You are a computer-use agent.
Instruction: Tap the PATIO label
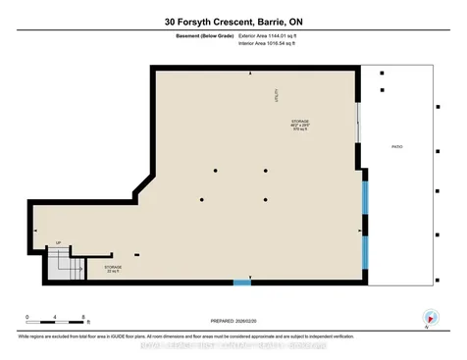pyautogui.click(x=397, y=147)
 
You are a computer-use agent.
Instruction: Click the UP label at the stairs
pyautogui.click(x=59, y=242)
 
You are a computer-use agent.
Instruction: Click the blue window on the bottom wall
pyautogui.click(x=241, y=283)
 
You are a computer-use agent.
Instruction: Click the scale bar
pyautogui.click(x=58, y=323)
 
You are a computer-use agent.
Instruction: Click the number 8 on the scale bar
pyautogui.click(x=86, y=315)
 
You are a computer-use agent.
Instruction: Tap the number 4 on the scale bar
pyautogui.click(x=58, y=315)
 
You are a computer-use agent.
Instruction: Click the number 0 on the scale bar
pyautogui.click(x=29, y=315)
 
